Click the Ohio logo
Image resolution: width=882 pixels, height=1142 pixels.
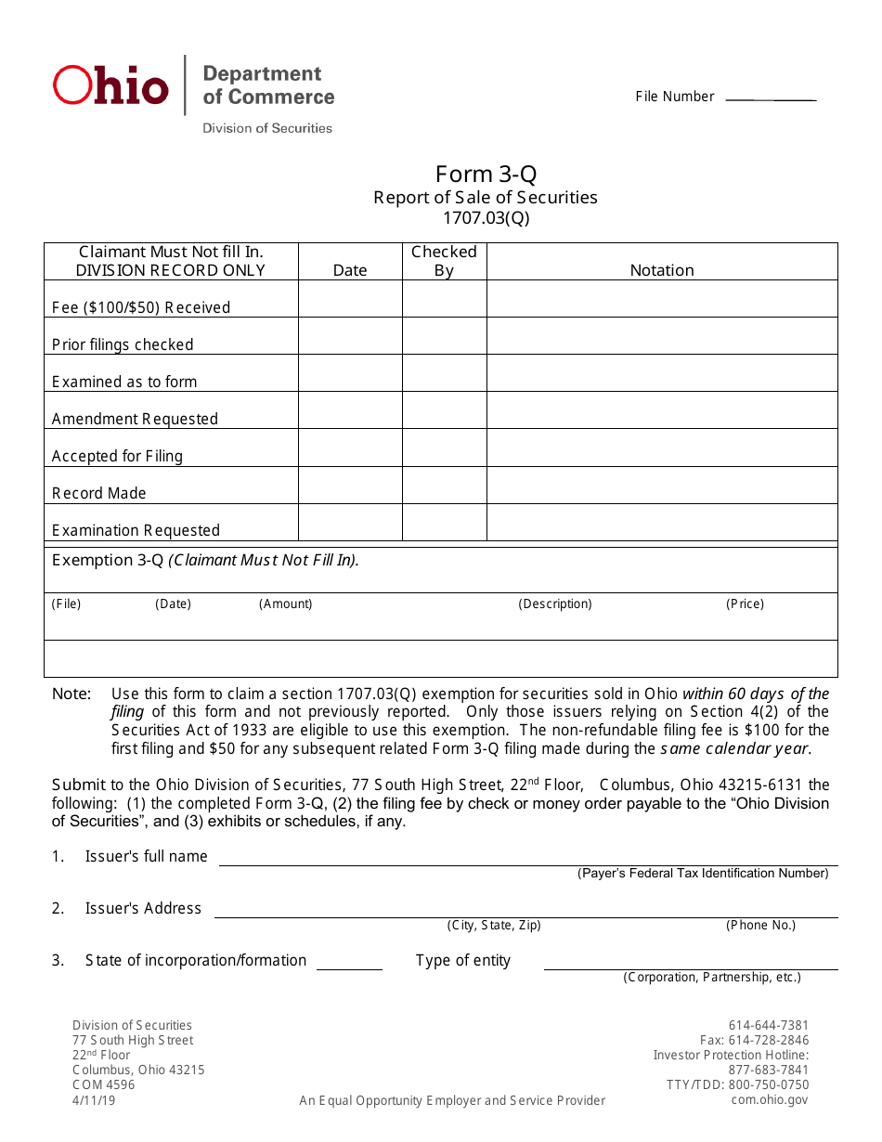(x=111, y=85)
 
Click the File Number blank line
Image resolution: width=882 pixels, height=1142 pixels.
(x=770, y=98)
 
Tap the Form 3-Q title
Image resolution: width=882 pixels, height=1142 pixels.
(x=486, y=175)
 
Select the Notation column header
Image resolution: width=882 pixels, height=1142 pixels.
(x=662, y=270)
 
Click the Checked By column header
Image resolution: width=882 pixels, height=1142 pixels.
(x=444, y=261)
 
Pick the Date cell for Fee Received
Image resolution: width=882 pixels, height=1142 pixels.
(x=350, y=299)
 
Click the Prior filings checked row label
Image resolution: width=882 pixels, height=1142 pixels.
(x=123, y=344)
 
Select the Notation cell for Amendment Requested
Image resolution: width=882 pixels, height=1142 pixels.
(x=662, y=410)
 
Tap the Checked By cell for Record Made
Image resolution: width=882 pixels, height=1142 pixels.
(x=444, y=485)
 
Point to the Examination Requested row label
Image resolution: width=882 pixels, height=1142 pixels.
(x=136, y=530)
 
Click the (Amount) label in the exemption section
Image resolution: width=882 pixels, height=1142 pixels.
(x=285, y=603)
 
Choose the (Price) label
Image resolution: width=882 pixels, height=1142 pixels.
(x=745, y=603)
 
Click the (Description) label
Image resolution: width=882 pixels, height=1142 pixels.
(x=554, y=603)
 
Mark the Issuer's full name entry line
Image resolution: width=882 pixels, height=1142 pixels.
(x=527, y=864)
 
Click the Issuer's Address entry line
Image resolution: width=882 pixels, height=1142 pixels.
(x=525, y=916)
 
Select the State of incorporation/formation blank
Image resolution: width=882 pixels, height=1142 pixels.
(x=349, y=968)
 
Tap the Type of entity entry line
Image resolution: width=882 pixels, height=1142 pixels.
(x=690, y=968)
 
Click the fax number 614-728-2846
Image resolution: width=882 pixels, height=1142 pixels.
(x=754, y=1040)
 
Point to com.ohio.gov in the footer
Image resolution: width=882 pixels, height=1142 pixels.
(x=770, y=1099)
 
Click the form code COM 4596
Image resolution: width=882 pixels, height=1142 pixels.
(x=103, y=1084)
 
